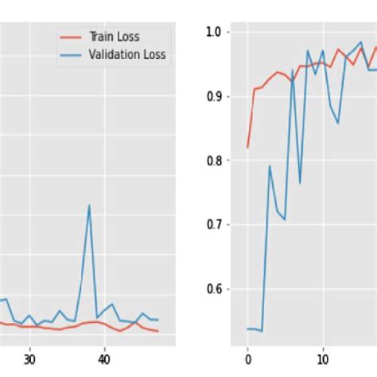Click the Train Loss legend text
tap(117, 37)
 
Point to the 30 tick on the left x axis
tap(29, 358)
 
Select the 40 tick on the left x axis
tap(104, 358)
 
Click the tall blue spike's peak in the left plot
tap(89, 205)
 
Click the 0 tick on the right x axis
tap(247, 358)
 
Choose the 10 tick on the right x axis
tap(322, 358)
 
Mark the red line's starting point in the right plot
tap(247, 148)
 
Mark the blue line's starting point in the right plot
tap(247, 328)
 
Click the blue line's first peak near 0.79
tap(270, 166)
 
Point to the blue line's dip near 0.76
tap(300, 184)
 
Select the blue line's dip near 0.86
tap(338, 122)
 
